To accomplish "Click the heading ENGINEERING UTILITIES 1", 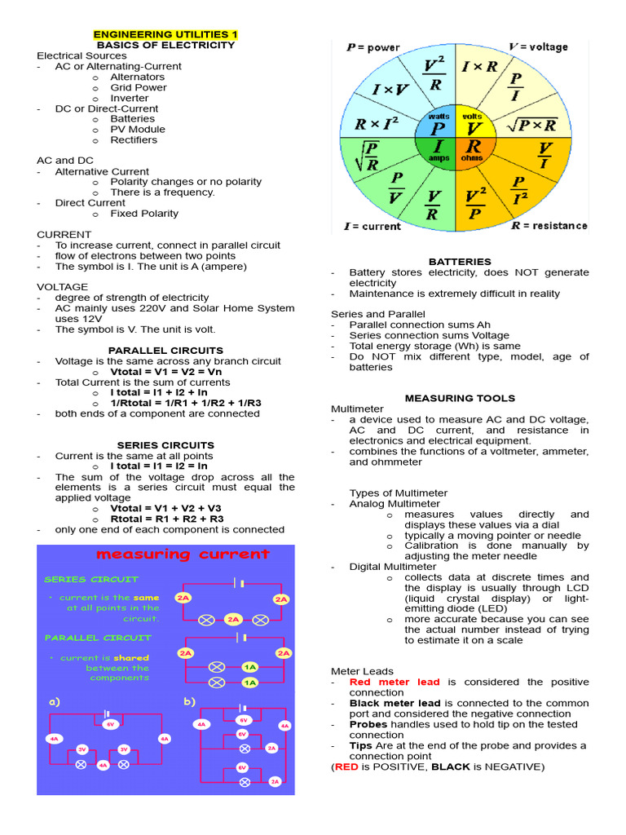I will (165, 34).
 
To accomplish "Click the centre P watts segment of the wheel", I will (439, 124).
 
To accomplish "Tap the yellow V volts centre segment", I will (473, 124).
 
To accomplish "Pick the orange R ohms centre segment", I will (473, 150).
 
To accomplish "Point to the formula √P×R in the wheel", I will (531, 125).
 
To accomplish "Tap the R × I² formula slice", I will (376, 125).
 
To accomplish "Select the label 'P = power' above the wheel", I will (373, 47).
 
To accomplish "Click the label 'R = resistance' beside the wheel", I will (549, 225).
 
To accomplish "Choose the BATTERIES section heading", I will (461, 262).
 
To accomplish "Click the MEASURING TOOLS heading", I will (461, 398).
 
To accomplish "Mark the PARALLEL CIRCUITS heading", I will (165, 350).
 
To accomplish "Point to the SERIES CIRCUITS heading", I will (165, 445).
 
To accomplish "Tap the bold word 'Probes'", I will (368, 724).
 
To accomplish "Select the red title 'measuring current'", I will (183, 554).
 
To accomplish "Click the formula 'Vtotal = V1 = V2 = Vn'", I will (166, 371).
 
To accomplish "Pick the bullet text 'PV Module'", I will (138, 129).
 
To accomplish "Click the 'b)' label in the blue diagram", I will (190, 701).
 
